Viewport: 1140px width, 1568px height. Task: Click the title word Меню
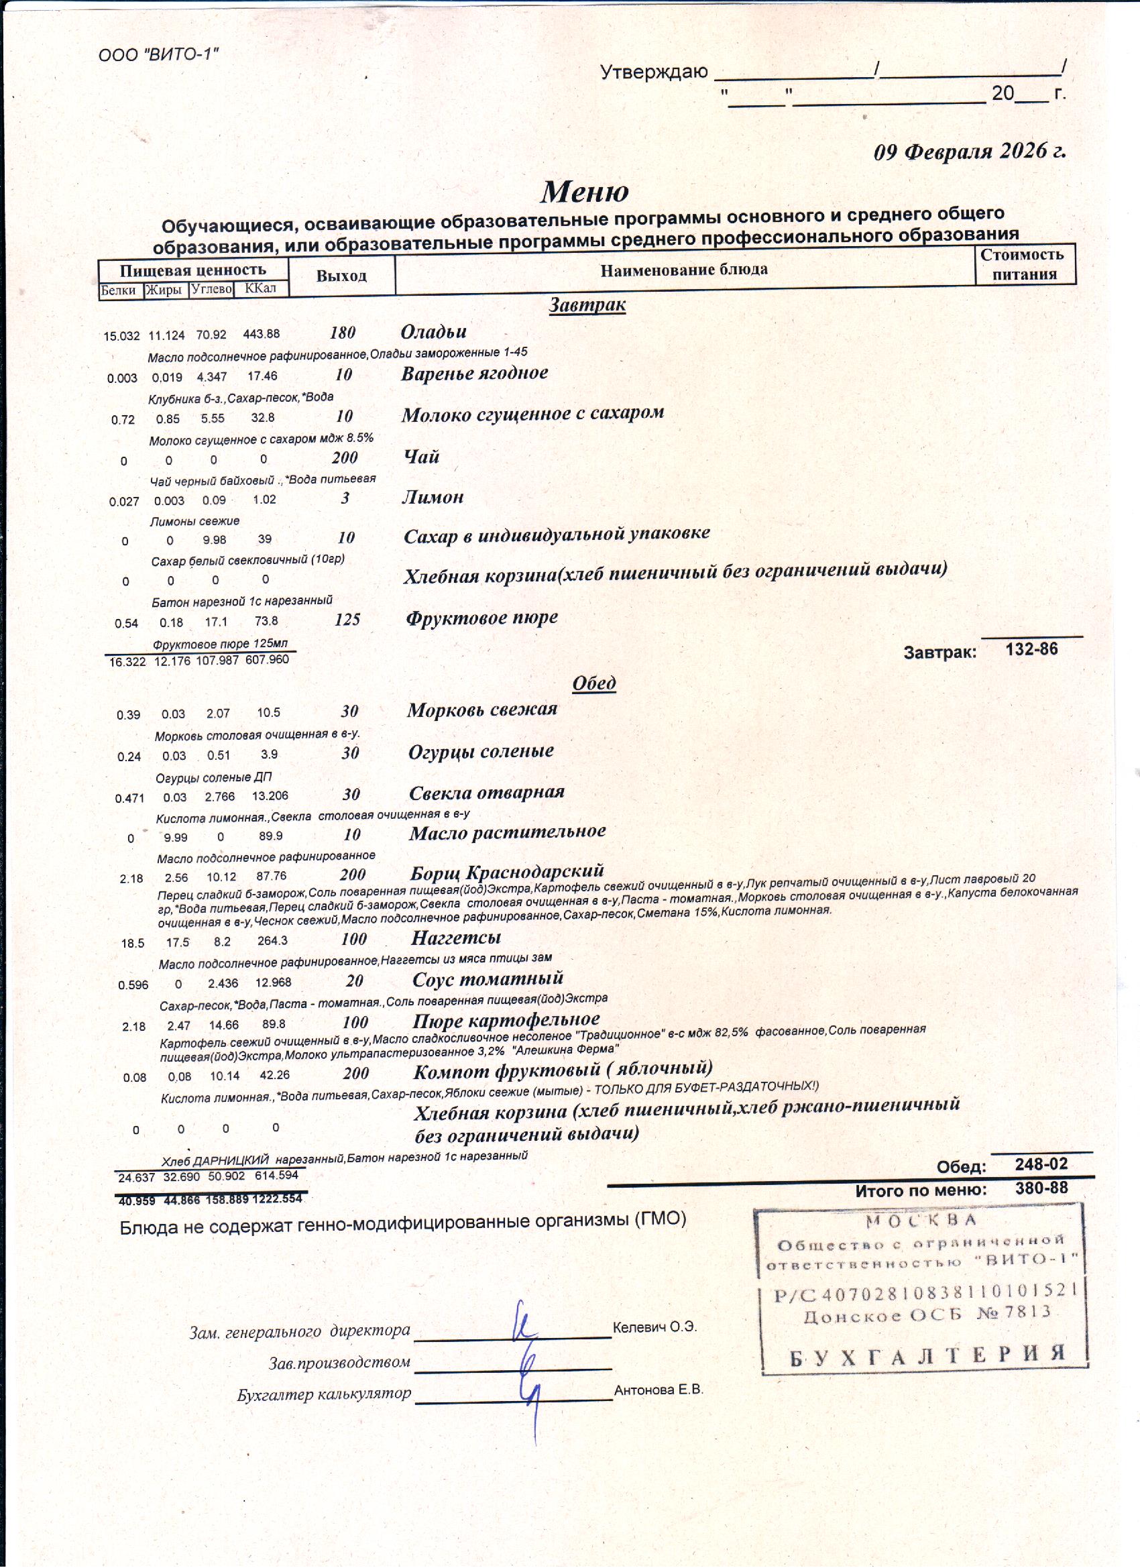(584, 192)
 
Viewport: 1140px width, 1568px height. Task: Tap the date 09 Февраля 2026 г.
(969, 152)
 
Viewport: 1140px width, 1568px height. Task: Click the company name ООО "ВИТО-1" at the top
(158, 54)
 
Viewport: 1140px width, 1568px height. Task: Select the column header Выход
(341, 276)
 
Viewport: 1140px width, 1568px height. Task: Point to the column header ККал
(260, 288)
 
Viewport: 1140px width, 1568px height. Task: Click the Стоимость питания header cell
(1025, 264)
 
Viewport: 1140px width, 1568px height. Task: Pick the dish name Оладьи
(433, 332)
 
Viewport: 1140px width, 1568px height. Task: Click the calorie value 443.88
(262, 334)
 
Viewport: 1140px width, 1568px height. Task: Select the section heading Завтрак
(587, 304)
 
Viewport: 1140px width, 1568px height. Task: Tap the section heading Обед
(594, 682)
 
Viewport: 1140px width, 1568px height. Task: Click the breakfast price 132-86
(1031, 649)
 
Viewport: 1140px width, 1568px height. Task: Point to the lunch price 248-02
(1041, 1164)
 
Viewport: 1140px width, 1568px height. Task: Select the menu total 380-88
(1041, 1188)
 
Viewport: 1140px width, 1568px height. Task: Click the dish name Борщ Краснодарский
(507, 871)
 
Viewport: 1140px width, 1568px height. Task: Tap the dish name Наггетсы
(455, 938)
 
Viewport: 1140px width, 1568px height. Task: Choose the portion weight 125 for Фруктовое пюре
(347, 620)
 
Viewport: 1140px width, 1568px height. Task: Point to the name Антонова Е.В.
(658, 1390)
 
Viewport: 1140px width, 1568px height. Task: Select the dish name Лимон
(433, 497)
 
